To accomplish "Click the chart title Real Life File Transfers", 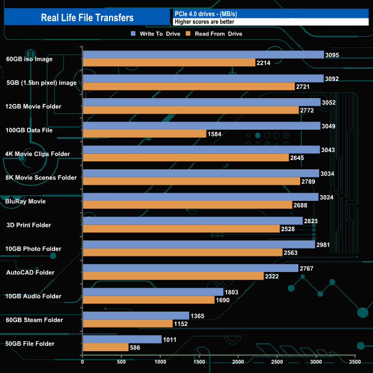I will [x=87, y=18].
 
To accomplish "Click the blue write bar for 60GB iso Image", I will [x=203, y=55].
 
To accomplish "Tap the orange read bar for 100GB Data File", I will [x=144, y=134].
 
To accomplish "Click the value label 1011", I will [x=170, y=339].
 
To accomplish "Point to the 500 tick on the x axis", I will [x=122, y=362].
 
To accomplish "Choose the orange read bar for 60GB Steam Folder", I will [x=127, y=324].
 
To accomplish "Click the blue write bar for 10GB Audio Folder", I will [x=153, y=292].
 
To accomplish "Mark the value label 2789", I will [x=308, y=181].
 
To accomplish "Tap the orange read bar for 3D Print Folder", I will [x=181, y=229].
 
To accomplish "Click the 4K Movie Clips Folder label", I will [x=37, y=154].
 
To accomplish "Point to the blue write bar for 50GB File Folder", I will [x=122, y=339].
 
